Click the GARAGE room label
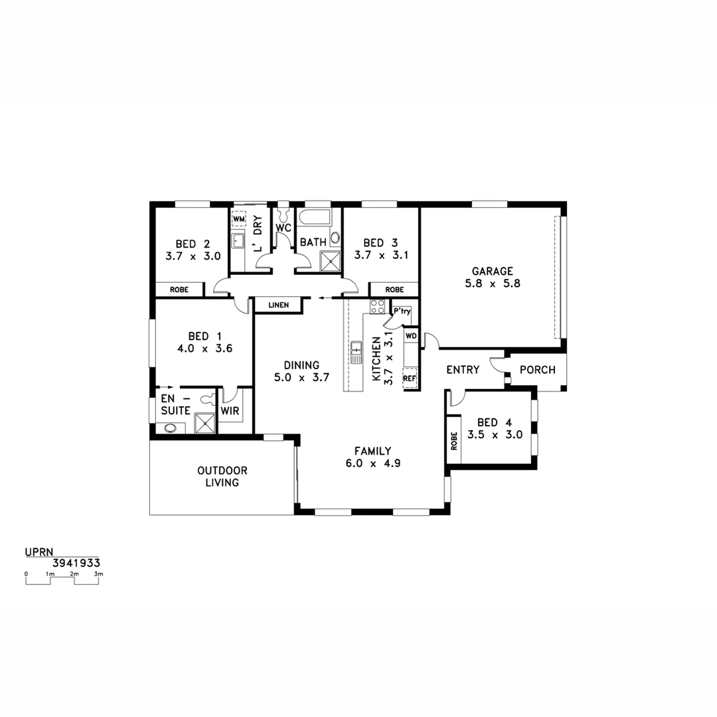(x=492, y=271)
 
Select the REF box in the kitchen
(x=410, y=379)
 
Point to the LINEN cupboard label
(x=278, y=305)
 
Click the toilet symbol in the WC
(x=284, y=215)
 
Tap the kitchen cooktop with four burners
(x=377, y=307)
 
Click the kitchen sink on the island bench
(x=356, y=351)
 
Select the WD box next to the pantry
(x=411, y=336)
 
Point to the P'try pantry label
(x=402, y=311)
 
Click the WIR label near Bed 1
(x=230, y=411)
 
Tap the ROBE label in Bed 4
(x=454, y=441)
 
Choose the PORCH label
(x=537, y=370)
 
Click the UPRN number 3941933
(x=76, y=562)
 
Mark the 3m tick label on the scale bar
(x=98, y=573)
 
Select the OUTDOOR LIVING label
(x=222, y=477)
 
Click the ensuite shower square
(x=205, y=423)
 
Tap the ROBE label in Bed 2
(x=179, y=290)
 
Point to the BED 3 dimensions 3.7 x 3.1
(x=381, y=255)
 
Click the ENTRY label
(x=462, y=370)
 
